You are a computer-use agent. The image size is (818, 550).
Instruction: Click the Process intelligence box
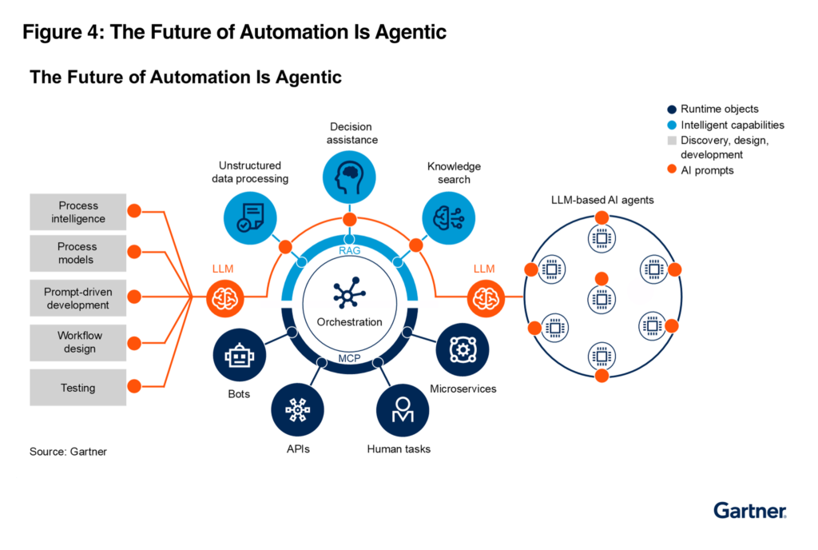tap(77, 213)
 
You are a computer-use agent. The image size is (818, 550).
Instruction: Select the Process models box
tap(77, 253)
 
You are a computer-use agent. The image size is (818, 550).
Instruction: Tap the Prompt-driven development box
tap(77, 299)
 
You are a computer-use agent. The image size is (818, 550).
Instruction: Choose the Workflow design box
tap(77, 343)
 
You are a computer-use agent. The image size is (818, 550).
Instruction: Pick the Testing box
tap(77, 388)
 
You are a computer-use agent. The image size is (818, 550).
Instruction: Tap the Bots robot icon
tap(239, 355)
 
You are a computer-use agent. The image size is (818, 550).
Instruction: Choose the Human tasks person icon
tap(403, 409)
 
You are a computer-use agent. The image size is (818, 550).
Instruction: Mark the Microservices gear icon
tap(462, 350)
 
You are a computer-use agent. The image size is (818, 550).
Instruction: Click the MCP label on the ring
tap(349, 357)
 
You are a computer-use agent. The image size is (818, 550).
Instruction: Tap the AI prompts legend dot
tap(672, 169)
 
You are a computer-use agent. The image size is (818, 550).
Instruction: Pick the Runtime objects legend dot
tap(672, 110)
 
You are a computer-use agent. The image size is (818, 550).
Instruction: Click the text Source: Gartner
tap(68, 452)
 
